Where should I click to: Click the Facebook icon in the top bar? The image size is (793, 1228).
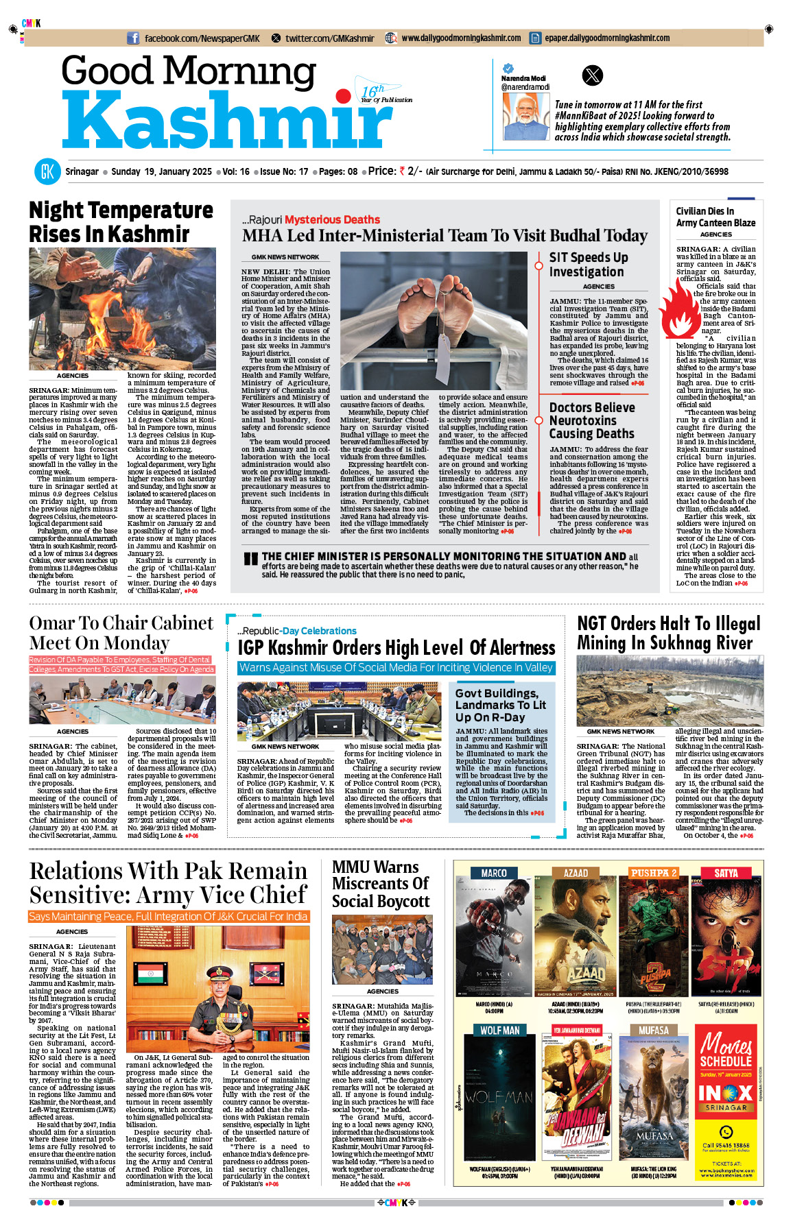tap(134, 38)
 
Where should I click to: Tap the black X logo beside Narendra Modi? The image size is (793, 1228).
tap(592, 75)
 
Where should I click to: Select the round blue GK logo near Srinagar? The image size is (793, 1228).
tap(47, 171)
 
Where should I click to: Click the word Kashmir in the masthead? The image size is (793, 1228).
tap(226, 122)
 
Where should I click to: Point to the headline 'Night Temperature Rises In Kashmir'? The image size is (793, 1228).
tap(121, 221)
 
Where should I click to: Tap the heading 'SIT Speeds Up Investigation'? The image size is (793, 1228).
tap(589, 265)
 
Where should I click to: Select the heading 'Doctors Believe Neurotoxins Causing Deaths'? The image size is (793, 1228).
tap(592, 420)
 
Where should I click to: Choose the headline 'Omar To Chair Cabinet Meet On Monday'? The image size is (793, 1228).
tap(121, 633)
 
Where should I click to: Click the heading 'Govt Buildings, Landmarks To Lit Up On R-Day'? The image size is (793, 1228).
tap(501, 705)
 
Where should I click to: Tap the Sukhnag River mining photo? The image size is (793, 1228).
tap(670, 690)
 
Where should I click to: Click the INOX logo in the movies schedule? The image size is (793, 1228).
tap(725, 1092)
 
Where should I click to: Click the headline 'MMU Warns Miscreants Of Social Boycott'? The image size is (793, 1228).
tap(381, 884)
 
